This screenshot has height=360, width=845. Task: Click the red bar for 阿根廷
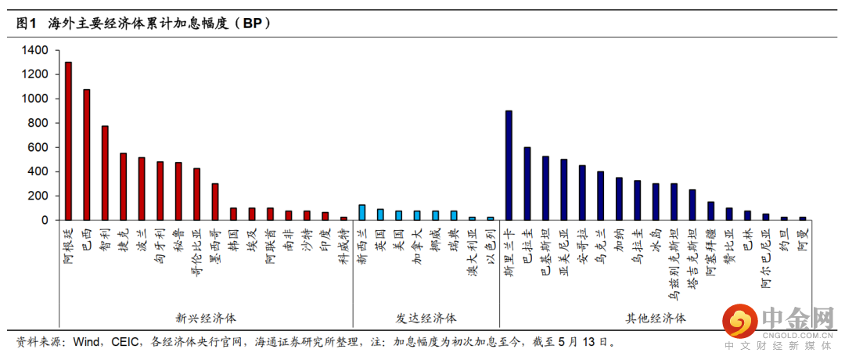[68, 141]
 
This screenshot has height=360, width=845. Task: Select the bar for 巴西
[86, 155]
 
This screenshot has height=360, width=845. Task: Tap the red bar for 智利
[105, 173]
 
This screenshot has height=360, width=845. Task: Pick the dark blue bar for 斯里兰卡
[509, 165]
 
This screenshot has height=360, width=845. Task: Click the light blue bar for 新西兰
[361, 213]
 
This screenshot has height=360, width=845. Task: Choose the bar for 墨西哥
[215, 202]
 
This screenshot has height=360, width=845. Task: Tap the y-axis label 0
[45, 220]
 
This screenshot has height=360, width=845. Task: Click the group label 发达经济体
[426, 319]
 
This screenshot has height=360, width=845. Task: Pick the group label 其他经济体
[655, 319]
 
